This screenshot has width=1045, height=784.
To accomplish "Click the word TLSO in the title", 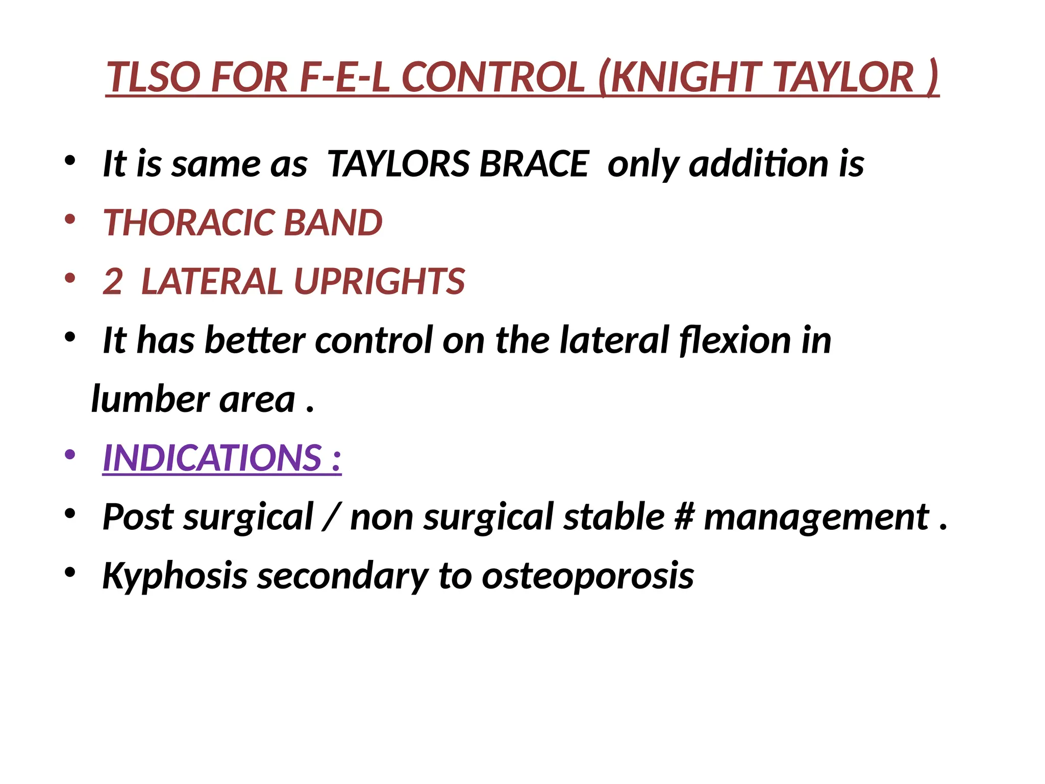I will (154, 78).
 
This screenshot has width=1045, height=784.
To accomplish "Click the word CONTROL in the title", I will (493, 78).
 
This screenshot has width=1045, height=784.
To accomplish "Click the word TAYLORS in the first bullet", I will (399, 164).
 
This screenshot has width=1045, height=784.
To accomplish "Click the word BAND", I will (333, 223).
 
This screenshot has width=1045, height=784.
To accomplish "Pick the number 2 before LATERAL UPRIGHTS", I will (113, 282).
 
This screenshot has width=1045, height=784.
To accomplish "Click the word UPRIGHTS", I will (380, 282).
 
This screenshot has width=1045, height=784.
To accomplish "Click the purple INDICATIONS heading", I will (221, 458).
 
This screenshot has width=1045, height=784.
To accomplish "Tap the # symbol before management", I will (684, 517).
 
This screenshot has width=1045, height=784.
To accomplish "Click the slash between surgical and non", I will (332, 517).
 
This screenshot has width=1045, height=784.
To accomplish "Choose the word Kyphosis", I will (175, 576).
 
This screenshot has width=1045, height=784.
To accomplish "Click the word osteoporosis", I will (588, 576).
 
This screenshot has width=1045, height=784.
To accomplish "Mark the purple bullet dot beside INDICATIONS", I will (70, 454).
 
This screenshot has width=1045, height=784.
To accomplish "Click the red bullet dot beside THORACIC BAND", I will (70, 219).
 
